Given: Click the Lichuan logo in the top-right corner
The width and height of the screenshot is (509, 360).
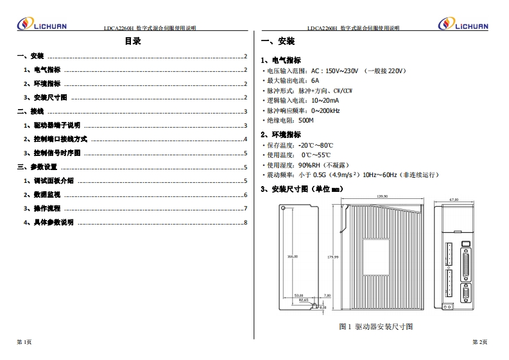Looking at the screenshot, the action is (x=463, y=24).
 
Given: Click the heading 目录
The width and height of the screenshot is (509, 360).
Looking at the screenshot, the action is (x=133, y=42).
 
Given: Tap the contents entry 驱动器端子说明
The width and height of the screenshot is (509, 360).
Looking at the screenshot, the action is (x=56, y=125).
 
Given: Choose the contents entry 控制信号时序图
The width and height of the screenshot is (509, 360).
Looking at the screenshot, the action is (x=56, y=153).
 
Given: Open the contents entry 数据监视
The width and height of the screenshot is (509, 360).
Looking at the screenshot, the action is (x=47, y=194).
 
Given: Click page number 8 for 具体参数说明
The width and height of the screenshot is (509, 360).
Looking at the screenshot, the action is (x=246, y=223).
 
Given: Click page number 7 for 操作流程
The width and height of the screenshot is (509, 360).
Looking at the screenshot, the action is (x=246, y=209).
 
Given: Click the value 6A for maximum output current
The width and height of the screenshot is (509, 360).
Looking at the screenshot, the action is (x=315, y=81).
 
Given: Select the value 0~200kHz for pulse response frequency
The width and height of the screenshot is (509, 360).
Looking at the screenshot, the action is (x=325, y=110).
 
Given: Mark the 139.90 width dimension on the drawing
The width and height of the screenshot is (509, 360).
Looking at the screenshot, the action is (x=382, y=196).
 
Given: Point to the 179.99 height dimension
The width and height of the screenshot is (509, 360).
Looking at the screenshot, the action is (x=332, y=257).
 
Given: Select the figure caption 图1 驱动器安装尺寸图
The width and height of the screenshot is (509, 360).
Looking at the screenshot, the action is (x=375, y=327).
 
